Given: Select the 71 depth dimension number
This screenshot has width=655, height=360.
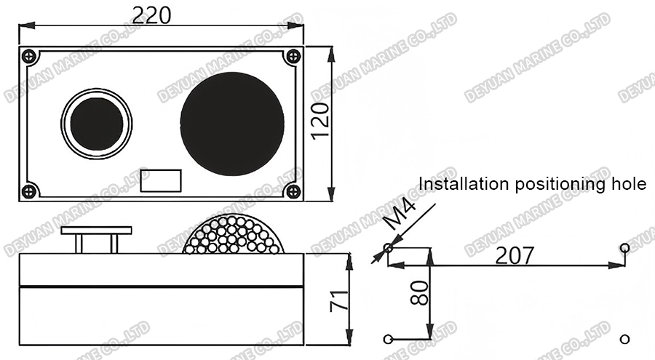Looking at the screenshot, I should coord(338,299).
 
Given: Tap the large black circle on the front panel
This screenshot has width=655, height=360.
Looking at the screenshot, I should coord(231,124).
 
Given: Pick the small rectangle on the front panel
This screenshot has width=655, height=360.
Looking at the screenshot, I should coord(161,180).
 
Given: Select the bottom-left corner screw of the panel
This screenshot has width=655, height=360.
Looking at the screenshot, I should coord(28,191).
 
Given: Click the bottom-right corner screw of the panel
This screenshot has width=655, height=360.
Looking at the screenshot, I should coord(293,191).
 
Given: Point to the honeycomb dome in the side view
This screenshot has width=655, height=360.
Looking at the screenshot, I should coord(232,236).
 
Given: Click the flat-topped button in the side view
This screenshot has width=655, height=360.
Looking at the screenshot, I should coord(97,231).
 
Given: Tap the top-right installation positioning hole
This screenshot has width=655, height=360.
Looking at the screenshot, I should coord(624,249).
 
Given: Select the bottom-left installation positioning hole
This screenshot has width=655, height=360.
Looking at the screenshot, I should coord(388,338).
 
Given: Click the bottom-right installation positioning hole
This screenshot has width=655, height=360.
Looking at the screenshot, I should coord(624,338).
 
